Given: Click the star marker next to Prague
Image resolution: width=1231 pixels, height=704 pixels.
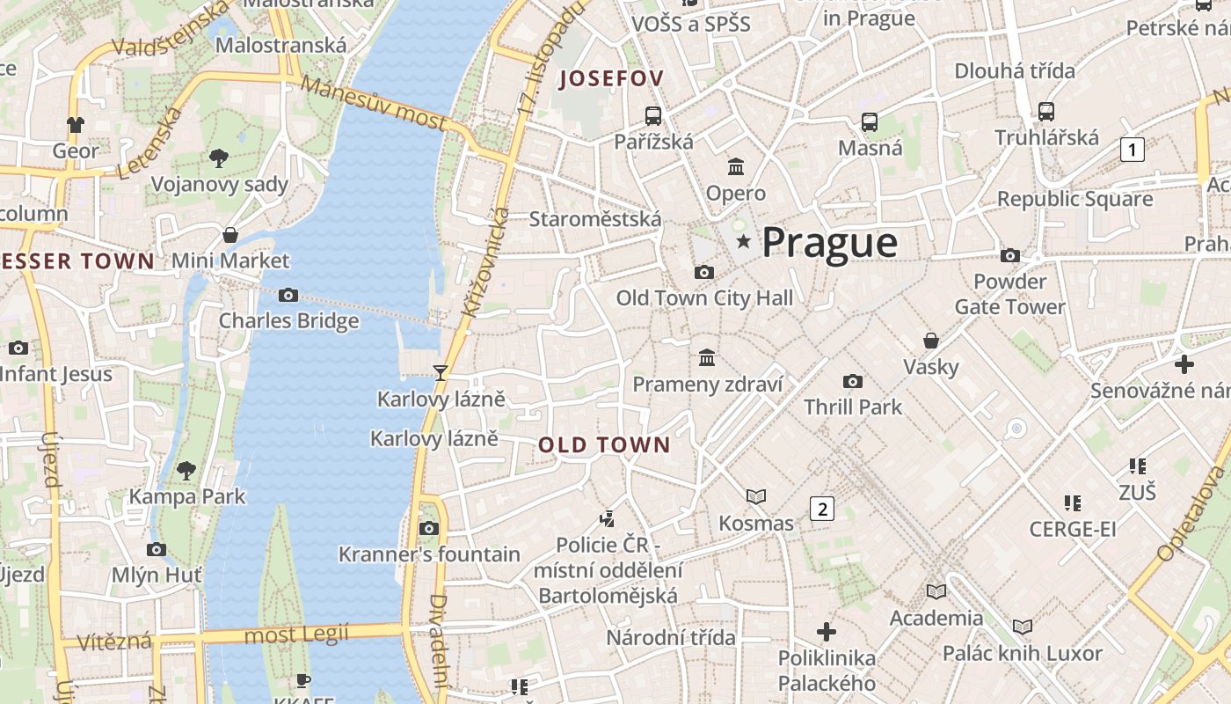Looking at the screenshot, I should (744, 241).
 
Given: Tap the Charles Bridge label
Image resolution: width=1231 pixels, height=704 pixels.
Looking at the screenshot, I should (288, 320).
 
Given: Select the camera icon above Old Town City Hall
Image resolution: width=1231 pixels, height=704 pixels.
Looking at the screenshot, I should (703, 273).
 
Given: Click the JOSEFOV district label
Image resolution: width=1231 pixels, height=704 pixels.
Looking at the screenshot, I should (611, 78).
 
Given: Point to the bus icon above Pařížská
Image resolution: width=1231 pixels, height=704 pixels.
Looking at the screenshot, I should (653, 115).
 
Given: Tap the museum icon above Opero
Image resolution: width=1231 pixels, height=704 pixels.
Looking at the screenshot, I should (736, 166).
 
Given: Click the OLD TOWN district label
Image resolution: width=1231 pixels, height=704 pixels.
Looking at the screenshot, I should (604, 445).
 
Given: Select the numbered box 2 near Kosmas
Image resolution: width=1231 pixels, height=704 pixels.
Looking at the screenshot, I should (821, 508).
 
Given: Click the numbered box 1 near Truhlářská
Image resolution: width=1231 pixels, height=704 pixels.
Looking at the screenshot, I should (1133, 150).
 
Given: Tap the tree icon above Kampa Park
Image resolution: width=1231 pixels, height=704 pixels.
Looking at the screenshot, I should (186, 471).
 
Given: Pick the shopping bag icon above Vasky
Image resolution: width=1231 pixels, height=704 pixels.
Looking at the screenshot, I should (931, 341).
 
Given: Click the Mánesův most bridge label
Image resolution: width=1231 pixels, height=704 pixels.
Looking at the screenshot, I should (374, 103).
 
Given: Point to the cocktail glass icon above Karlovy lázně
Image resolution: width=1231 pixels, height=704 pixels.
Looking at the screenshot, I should (441, 373).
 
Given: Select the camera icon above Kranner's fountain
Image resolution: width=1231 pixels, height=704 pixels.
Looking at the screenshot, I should (429, 528).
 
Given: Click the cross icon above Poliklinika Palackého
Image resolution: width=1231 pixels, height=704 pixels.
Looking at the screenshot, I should (826, 632).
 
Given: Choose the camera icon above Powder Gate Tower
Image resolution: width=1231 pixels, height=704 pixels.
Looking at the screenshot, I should (1010, 256).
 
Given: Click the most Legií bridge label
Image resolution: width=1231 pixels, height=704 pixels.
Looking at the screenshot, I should (296, 634).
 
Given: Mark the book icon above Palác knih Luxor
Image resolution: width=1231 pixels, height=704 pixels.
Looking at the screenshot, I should (1022, 627).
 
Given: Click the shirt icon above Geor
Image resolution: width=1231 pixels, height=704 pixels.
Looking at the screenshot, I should (76, 125).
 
